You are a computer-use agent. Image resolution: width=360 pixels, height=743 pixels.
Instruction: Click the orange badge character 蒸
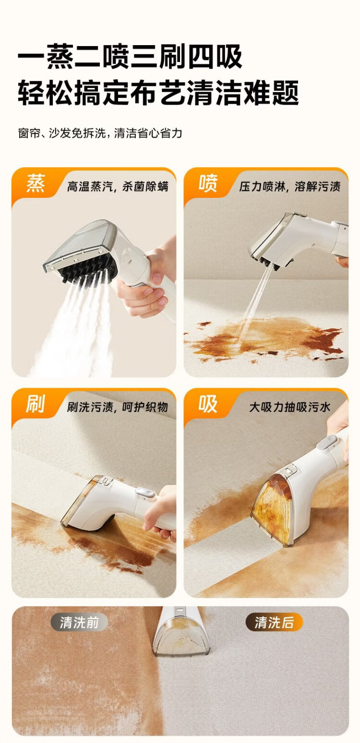(x=36, y=183)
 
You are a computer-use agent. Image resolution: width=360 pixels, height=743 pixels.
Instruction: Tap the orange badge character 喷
(x=208, y=183)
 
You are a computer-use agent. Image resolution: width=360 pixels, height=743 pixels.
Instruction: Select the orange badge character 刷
(x=36, y=403)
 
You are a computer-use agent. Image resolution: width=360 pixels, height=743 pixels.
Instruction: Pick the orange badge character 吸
(x=208, y=403)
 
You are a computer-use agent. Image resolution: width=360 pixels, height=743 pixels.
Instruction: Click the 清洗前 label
(x=79, y=622)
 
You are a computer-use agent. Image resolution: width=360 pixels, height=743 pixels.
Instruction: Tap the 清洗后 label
(x=274, y=622)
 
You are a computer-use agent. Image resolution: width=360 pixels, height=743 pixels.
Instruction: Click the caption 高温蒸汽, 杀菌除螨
(x=118, y=186)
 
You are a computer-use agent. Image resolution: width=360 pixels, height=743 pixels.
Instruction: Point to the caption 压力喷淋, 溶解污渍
(x=290, y=186)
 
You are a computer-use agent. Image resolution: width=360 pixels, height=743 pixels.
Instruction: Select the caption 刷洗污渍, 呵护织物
(x=118, y=407)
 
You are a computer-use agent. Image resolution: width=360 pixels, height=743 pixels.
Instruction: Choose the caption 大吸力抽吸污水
(x=290, y=407)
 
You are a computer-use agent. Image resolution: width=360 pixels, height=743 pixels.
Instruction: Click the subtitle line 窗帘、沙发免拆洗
(x=62, y=134)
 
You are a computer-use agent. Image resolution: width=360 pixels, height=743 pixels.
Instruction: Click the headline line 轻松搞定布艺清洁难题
(x=158, y=92)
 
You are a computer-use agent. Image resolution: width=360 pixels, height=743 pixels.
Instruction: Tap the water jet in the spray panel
(x=253, y=304)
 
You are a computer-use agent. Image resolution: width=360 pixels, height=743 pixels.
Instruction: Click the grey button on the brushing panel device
(x=145, y=493)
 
